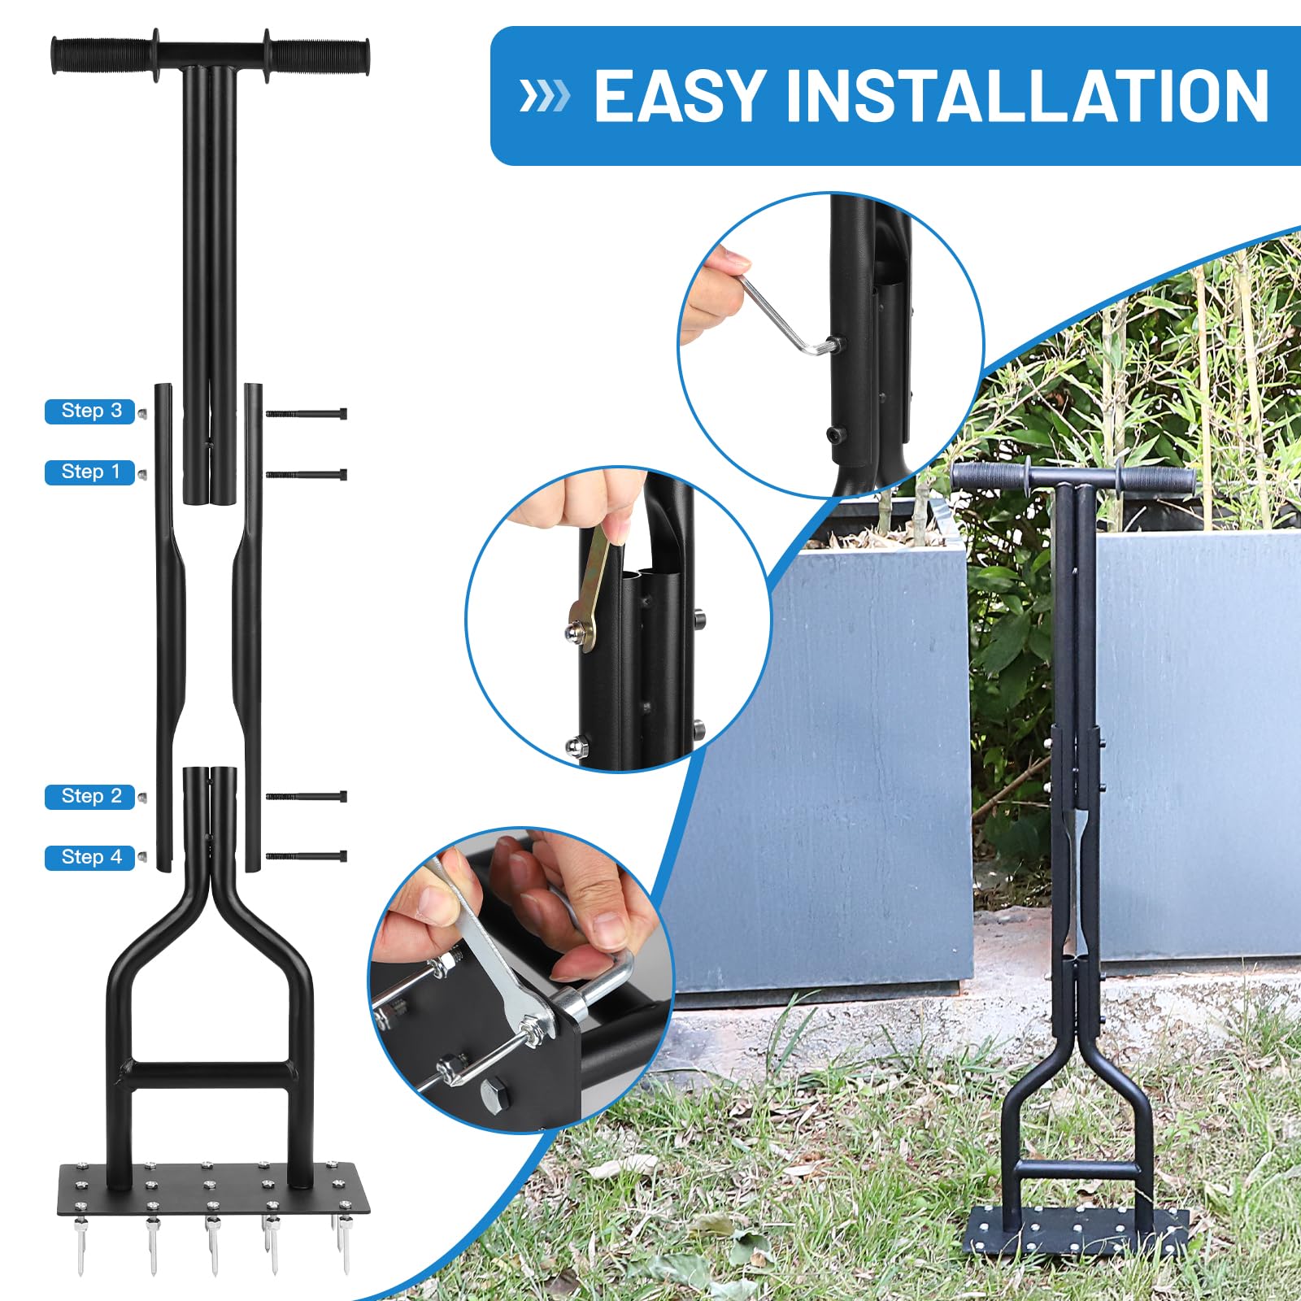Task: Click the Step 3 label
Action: (90, 411)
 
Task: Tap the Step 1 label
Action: (90, 472)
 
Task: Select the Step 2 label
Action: (90, 797)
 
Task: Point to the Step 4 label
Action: (90, 858)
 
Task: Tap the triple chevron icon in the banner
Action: (544, 96)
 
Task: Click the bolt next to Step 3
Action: (306, 414)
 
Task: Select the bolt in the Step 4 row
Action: (306, 856)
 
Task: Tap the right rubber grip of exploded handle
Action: (317, 55)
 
